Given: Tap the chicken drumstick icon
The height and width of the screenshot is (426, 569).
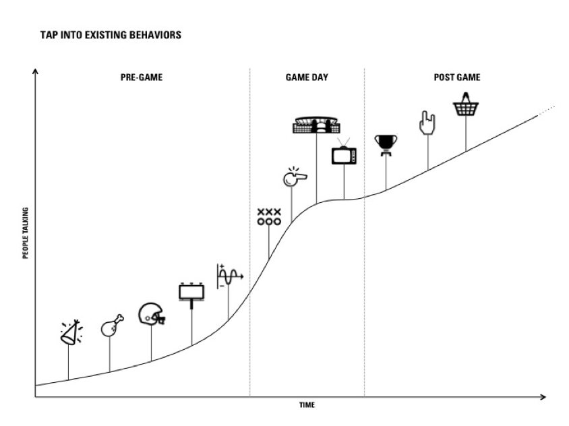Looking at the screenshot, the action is (x=111, y=326).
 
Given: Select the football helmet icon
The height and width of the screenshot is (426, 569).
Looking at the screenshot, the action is (x=152, y=315).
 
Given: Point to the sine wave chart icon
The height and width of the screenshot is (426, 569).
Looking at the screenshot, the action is (x=229, y=276).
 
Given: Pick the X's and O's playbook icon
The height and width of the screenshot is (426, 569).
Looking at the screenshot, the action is (x=268, y=216).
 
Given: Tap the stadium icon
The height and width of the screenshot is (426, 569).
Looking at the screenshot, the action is (x=316, y=125).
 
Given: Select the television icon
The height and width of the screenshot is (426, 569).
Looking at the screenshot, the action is (x=344, y=154).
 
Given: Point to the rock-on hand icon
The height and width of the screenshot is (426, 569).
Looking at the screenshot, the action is (x=427, y=123).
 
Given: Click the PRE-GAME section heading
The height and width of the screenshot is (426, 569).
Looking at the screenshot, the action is (x=142, y=78).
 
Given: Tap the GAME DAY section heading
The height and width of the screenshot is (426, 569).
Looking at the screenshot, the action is (x=307, y=78).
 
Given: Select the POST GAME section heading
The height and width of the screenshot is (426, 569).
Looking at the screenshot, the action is (x=456, y=78).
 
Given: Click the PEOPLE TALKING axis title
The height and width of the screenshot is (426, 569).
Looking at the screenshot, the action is (x=26, y=233).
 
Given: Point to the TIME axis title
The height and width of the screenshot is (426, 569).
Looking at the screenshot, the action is (x=307, y=405).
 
